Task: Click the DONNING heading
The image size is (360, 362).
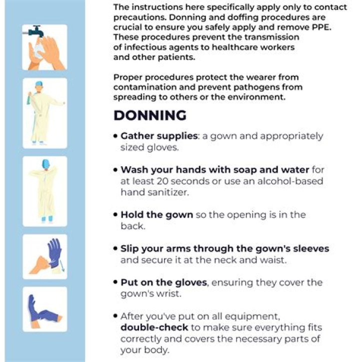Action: pyautogui.click(x=150, y=115)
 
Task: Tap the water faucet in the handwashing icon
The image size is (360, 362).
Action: pyautogui.click(x=35, y=31)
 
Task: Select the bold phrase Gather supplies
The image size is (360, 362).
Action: pyautogui.click(x=159, y=136)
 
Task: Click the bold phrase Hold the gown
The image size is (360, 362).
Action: pyautogui.click(x=157, y=215)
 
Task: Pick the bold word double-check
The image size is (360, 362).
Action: pyautogui.click(x=154, y=328)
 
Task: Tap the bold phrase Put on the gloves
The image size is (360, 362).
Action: pyautogui.click(x=163, y=282)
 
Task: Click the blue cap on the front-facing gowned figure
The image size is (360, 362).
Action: pyautogui.click(x=39, y=84)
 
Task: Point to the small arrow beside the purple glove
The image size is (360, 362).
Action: pyautogui.click(x=62, y=265)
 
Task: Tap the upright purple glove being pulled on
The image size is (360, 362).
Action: pyautogui.click(x=54, y=253)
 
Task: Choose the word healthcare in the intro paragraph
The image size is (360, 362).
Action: pyautogui.click(x=234, y=47)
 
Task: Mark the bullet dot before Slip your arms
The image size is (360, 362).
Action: pyautogui.click(x=115, y=249)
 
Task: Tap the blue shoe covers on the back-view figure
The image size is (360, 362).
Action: pyautogui.click(x=47, y=219)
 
